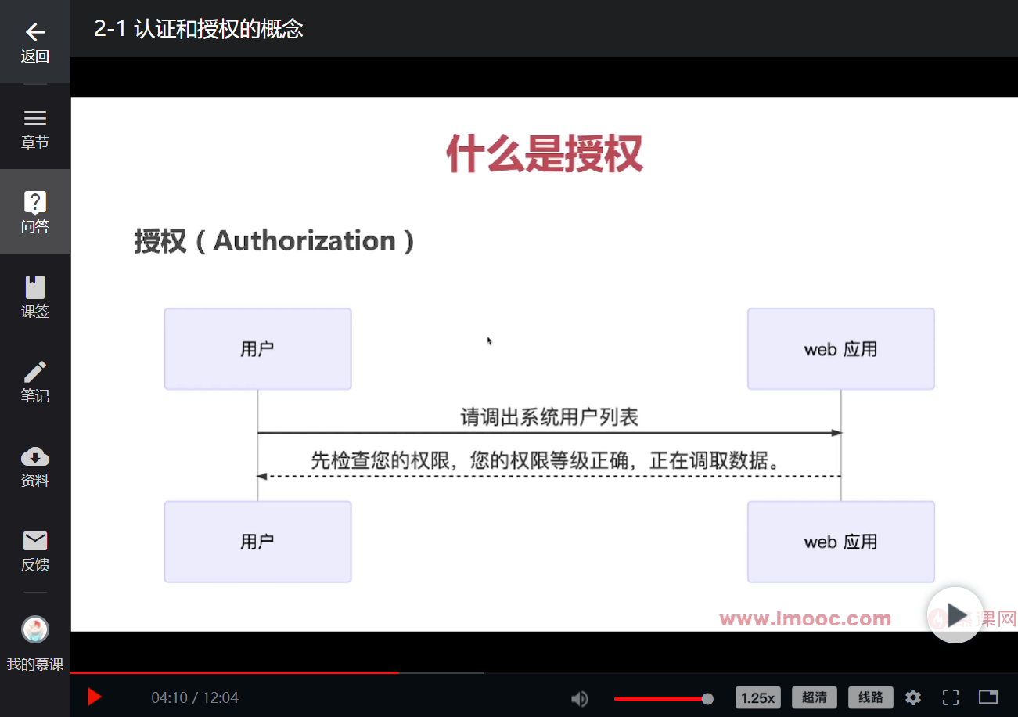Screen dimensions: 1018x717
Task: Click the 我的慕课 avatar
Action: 34,629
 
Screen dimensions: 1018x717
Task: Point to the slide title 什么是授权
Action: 544,153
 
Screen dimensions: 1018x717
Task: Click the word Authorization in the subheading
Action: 304,241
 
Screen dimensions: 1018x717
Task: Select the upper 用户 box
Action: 257,348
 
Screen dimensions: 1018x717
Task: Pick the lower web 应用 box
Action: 840,542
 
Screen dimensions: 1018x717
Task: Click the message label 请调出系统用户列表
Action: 549,417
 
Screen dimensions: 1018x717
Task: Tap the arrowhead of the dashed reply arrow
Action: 262,476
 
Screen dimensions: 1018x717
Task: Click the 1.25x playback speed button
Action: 757,697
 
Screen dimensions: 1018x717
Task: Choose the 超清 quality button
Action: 815,697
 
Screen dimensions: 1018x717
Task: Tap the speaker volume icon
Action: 580,698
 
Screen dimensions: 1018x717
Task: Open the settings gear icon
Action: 913,697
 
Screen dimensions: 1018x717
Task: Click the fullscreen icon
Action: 951,697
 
